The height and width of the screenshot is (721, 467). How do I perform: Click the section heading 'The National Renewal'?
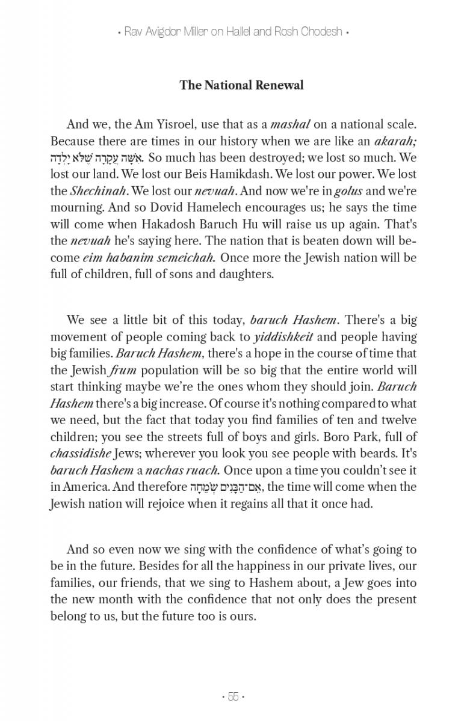241,85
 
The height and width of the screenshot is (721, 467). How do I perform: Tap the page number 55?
233,697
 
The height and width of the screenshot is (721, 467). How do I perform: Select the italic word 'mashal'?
291,124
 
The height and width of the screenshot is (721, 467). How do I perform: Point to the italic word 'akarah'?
394,142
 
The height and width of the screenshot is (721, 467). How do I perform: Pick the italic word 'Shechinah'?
91,192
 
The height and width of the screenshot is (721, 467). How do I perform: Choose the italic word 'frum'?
124,370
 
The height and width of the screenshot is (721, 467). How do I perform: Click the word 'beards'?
380,454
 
